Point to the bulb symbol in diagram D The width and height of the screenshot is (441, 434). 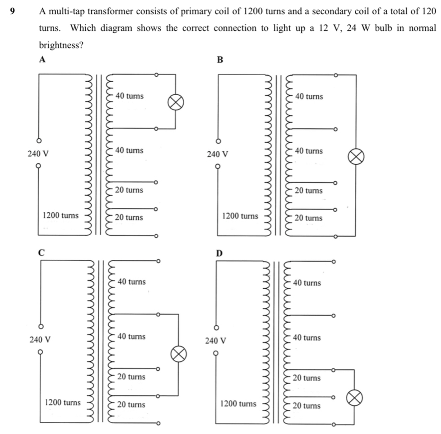[x=354, y=398]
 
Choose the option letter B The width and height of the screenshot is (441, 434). [x=220, y=60]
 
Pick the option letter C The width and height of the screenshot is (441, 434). [x=42, y=252]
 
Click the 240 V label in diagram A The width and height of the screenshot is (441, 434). [x=38, y=153]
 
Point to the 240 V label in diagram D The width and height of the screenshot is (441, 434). [x=216, y=341]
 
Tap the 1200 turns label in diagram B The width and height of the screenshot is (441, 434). [x=240, y=216]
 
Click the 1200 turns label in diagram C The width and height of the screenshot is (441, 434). [x=63, y=403]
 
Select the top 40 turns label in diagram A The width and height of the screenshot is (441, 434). [x=129, y=96]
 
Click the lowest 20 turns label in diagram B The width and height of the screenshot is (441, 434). [x=309, y=218]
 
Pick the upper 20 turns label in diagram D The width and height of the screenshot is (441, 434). [x=307, y=378]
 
